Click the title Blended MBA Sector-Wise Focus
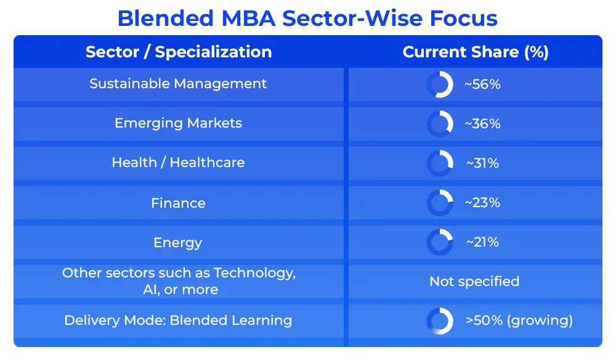pyautogui.click(x=307, y=18)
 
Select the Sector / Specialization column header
pyautogui.click(x=179, y=52)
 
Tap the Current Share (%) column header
pyautogui.click(x=476, y=52)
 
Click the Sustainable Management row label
pyautogui.click(x=178, y=84)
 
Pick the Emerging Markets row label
pyautogui.click(x=179, y=123)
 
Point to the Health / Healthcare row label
pyautogui.click(x=179, y=162)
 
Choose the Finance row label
pyautogui.click(x=179, y=203)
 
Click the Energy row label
pyautogui.click(x=178, y=243)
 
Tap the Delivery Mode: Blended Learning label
pyautogui.click(x=178, y=321)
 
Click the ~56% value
pyautogui.click(x=482, y=84)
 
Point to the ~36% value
pyautogui.click(x=482, y=124)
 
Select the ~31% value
pyautogui.click(x=482, y=163)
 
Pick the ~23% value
pyautogui.click(x=482, y=203)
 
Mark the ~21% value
pyautogui.click(x=482, y=242)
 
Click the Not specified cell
pyautogui.click(x=474, y=281)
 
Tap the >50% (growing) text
pyautogui.click(x=519, y=321)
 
